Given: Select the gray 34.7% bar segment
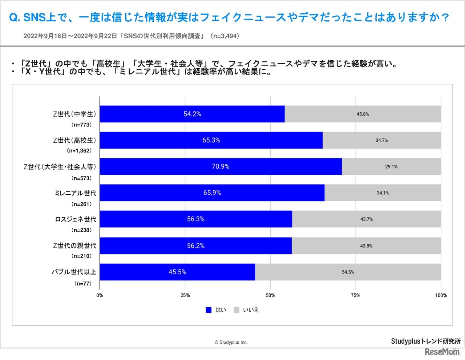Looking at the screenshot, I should point(382,140).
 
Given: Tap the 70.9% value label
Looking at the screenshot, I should point(221,166).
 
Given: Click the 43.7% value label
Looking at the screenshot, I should point(367,219).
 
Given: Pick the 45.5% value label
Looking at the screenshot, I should point(177,272).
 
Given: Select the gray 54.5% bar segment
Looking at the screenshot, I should point(348,272).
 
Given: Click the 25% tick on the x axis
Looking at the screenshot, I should point(185,295).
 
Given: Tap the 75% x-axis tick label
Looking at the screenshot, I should point(356,295).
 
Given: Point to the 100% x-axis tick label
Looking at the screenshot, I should point(441,295).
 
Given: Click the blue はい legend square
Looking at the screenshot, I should point(209,310).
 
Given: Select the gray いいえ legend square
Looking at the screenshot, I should point(236,310).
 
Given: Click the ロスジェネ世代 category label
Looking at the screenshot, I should point(76,219).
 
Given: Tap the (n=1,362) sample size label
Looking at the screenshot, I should point(79,151).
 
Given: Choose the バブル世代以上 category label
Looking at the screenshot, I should point(74,272).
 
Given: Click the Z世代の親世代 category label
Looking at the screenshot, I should point(74,246).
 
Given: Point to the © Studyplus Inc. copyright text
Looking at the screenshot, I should point(231,342).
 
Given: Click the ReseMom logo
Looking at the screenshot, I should point(442,352).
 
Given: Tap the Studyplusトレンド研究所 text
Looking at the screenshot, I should point(426,341).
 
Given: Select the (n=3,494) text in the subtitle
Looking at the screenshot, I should point(225,36).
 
